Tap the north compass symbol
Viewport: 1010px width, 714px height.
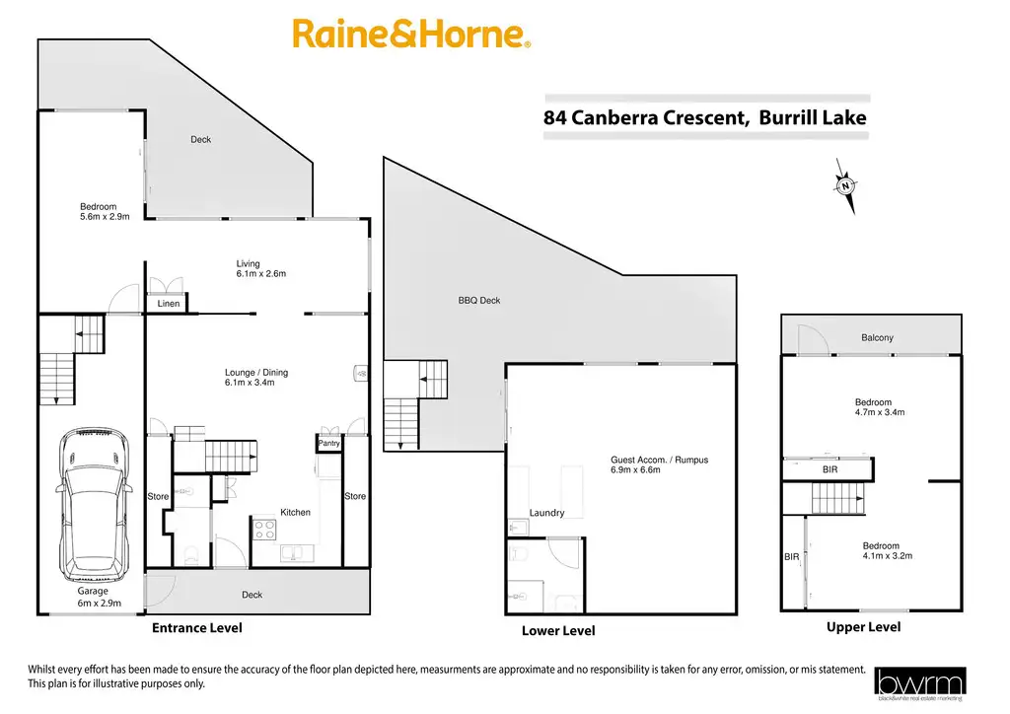pos(845,185)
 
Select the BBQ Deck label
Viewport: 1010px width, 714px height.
pos(479,300)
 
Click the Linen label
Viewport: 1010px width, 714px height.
pos(169,304)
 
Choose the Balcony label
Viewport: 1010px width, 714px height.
pos(877,338)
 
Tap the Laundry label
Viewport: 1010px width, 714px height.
pos(546,513)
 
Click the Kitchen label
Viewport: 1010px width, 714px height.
pos(295,512)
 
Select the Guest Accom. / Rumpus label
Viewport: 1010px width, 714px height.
pos(659,460)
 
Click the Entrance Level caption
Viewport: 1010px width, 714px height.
pos(196,627)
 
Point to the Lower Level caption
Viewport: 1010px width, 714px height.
pos(558,631)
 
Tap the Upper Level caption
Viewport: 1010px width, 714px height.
pos(863,627)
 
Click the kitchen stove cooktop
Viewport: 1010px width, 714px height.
pos(265,530)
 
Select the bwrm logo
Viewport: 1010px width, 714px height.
pos(920,682)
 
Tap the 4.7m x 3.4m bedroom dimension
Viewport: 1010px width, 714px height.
pos(880,412)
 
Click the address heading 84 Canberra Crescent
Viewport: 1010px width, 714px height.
pos(705,118)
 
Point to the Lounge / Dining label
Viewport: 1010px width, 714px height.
pos(256,372)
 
